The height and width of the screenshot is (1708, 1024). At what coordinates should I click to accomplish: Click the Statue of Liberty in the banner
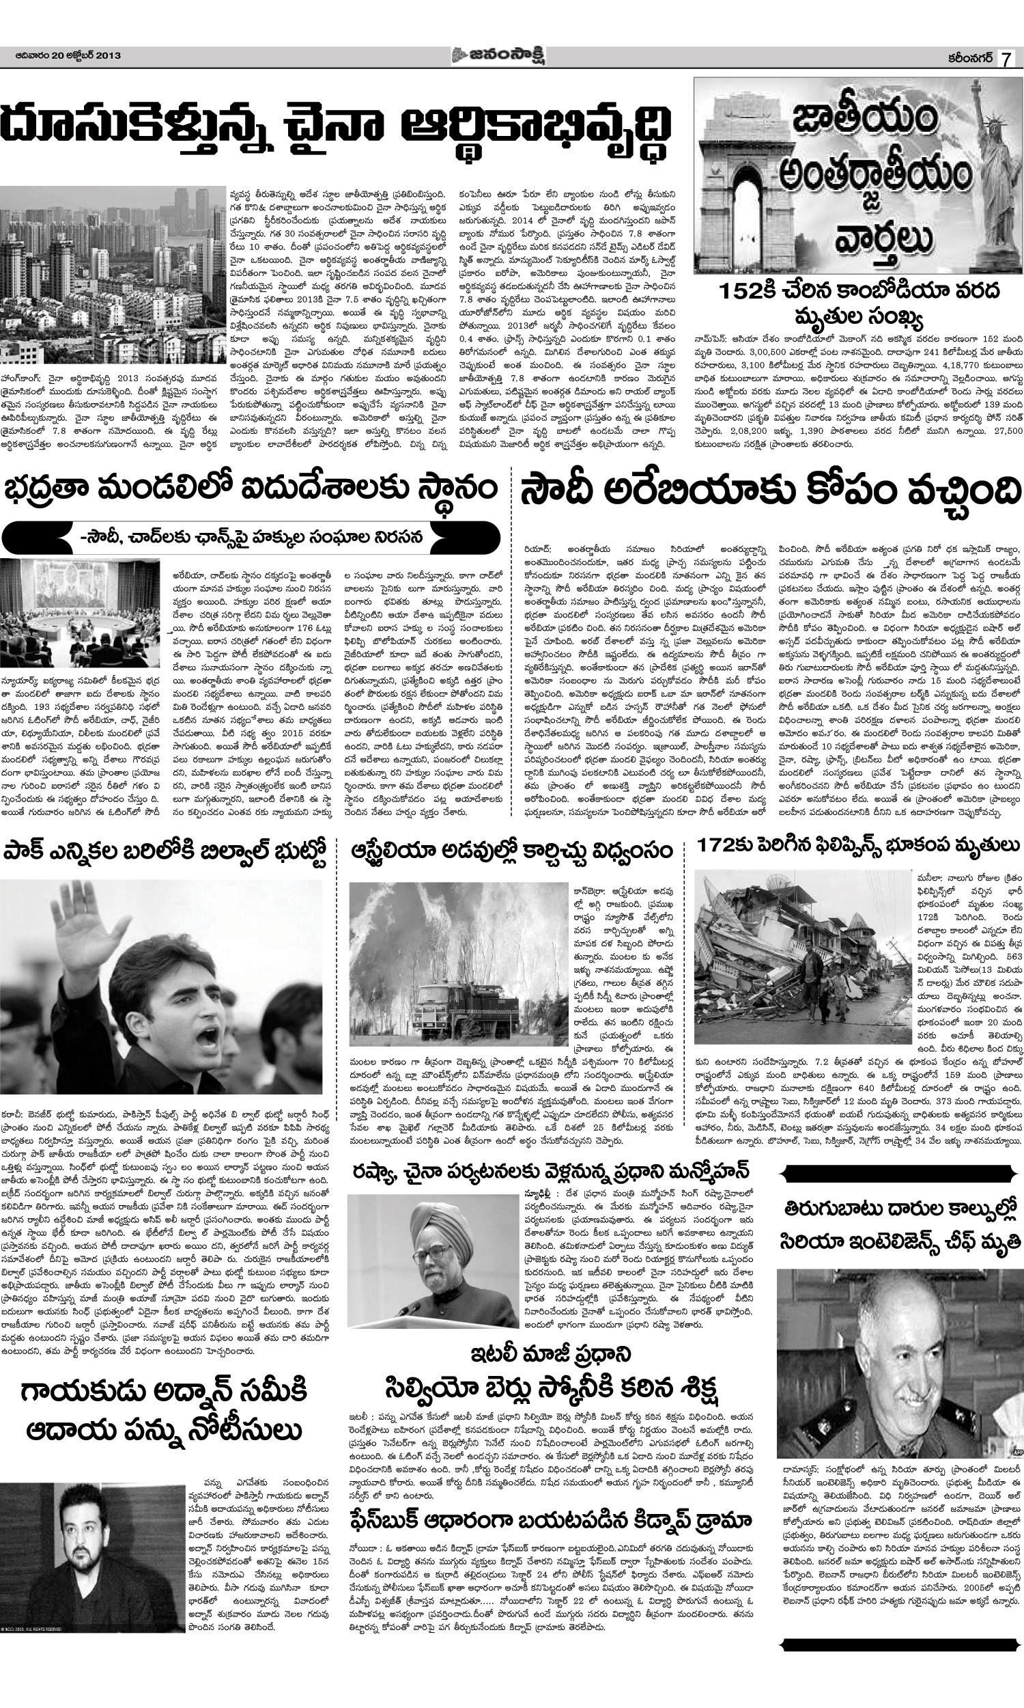pos(996,180)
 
